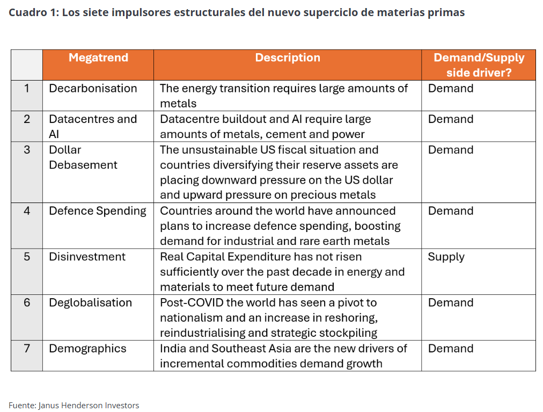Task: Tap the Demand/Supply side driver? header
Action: point(479,65)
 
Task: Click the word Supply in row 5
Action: point(446,257)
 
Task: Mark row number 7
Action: point(27,348)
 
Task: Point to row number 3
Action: point(27,150)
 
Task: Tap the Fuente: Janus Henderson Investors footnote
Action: point(74,406)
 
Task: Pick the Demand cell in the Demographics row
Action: point(451,348)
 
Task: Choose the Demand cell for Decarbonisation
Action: point(451,89)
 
